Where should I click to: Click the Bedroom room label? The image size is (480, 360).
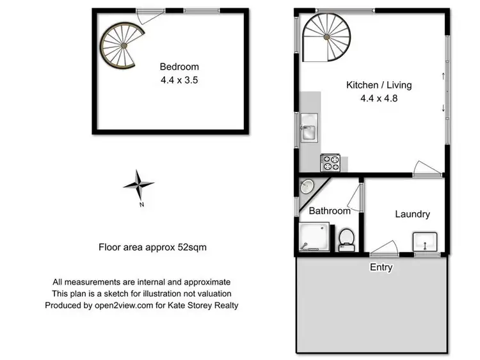pos(179,67)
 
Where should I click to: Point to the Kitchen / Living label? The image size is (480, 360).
pos(379,84)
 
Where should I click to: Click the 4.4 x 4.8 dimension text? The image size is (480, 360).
pos(379,98)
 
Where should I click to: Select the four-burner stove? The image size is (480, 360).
pos(330,162)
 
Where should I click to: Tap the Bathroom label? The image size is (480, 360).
pos(330,210)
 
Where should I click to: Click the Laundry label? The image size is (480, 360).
pos(412,214)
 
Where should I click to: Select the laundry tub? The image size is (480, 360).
pos(424,242)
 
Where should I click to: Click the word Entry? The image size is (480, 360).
pos(381,267)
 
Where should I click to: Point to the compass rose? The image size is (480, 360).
pos(138,185)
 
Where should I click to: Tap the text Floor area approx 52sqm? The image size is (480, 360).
pos(152,246)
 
